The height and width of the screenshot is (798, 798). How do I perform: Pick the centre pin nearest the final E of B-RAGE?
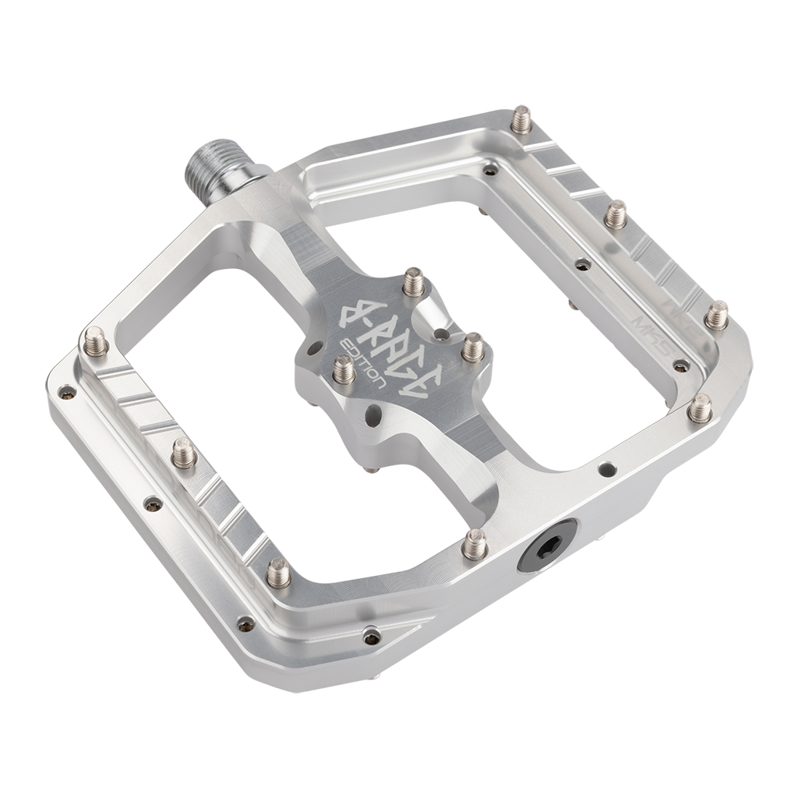pyautogui.click(x=472, y=347)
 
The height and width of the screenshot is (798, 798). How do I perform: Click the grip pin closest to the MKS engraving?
pyautogui.click(x=715, y=316)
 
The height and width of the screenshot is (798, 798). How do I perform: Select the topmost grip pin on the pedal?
pyautogui.click(x=521, y=120)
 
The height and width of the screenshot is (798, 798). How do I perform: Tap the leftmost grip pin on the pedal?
pyautogui.click(x=95, y=341)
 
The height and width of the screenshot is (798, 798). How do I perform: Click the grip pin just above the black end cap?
pyautogui.click(x=474, y=544)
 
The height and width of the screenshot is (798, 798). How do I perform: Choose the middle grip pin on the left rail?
pyautogui.click(x=184, y=453)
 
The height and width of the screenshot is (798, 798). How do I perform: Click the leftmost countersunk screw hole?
pyautogui.click(x=67, y=391)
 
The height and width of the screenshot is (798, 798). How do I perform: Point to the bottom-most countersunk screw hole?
pyautogui.click(x=373, y=637)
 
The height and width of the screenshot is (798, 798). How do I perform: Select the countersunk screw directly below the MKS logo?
pyautogui.click(x=680, y=365)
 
